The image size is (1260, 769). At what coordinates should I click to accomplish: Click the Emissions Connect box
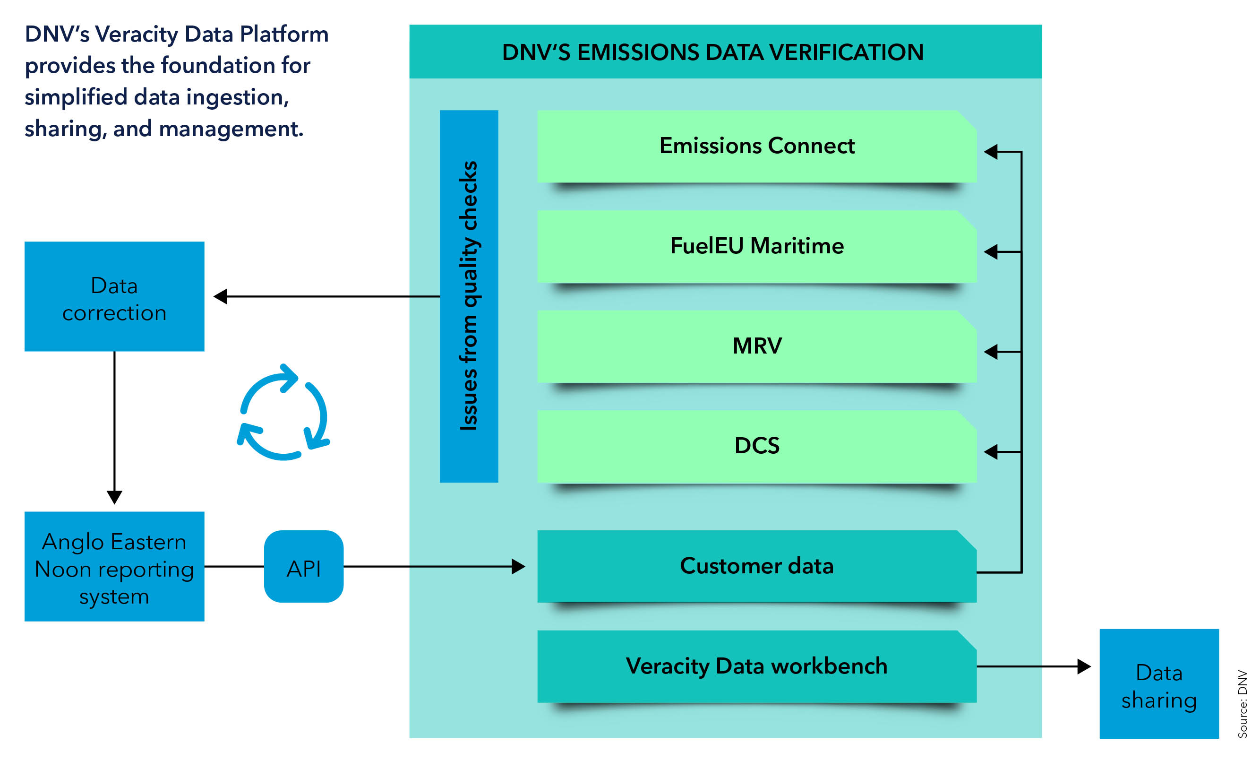click(x=757, y=147)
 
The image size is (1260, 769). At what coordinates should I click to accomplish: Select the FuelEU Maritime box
click(x=757, y=246)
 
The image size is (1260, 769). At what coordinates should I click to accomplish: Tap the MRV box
click(x=757, y=346)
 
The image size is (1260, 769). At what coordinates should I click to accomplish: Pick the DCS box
click(x=757, y=446)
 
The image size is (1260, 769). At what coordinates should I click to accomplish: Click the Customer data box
click(x=757, y=566)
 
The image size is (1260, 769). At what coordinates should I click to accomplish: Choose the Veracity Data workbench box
click(x=757, y=665)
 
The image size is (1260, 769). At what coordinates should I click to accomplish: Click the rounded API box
click(x=304, y=566)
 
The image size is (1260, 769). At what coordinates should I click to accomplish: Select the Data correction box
click(x=114, y=297)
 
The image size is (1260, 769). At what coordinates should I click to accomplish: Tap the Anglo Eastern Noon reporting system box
click(x=114, y=566)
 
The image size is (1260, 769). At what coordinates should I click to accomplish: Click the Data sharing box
click(x=1159, y=683)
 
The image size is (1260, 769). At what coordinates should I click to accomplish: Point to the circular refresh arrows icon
click(x=284, y=412)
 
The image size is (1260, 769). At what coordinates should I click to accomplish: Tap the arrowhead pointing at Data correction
click(x=221, y=296)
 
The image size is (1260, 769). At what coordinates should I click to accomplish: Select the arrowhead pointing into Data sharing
click(x=1084, y=666)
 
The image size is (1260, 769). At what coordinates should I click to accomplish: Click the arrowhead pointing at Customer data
click(x=519, y=566)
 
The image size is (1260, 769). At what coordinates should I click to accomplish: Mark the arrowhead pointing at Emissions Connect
click(x=991, y=152)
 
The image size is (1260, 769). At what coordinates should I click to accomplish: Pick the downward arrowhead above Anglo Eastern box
click(x=114, y=497)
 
